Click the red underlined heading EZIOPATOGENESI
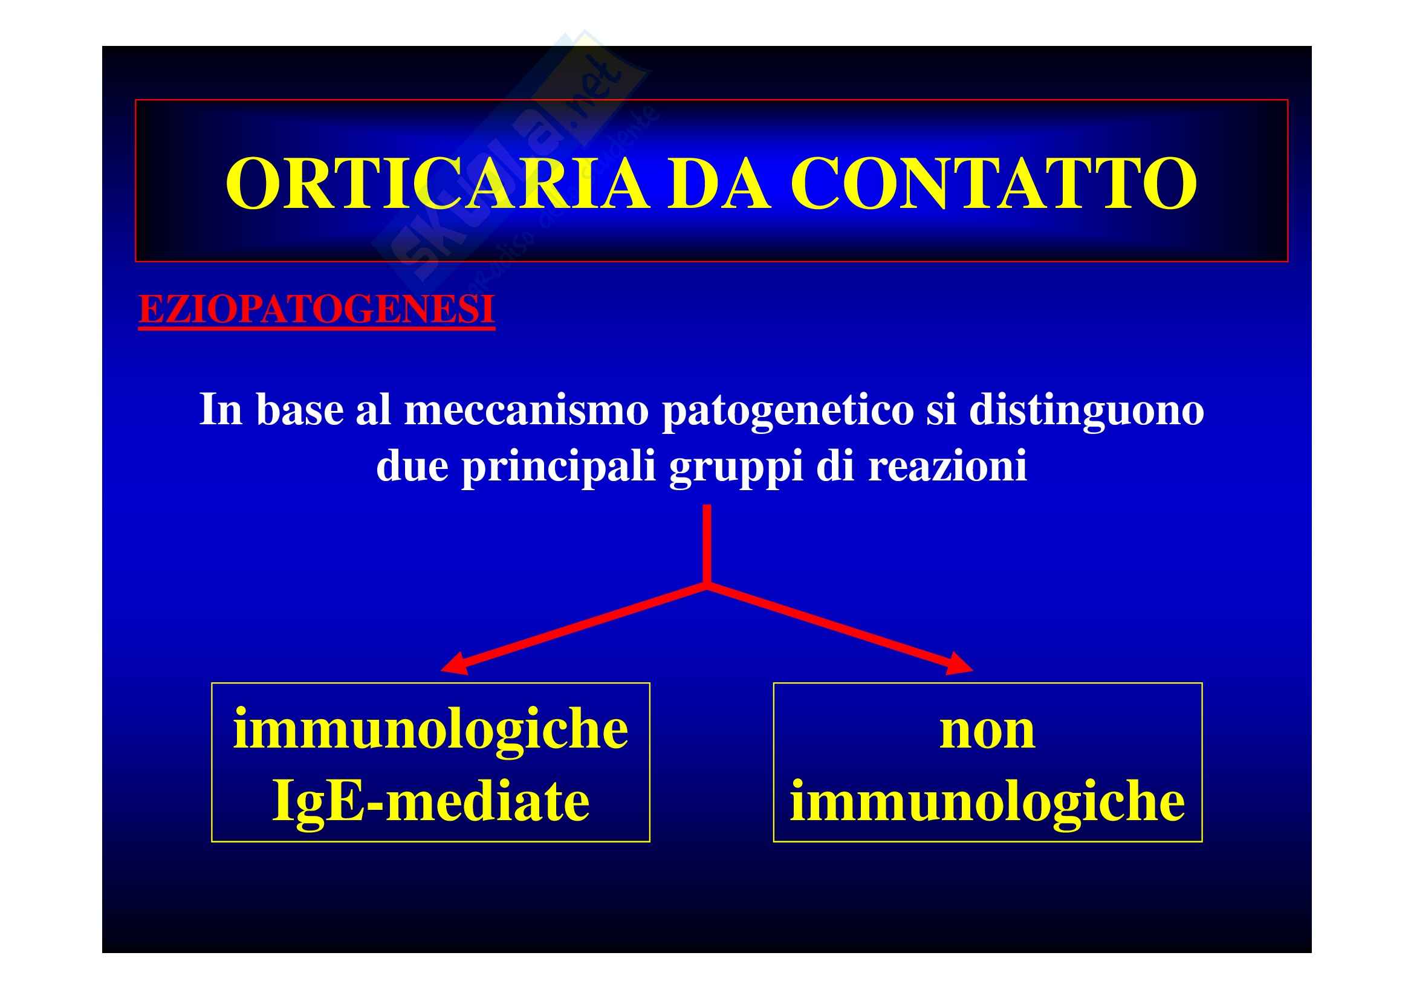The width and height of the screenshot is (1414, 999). [317, 310]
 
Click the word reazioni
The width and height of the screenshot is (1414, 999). [948, 466]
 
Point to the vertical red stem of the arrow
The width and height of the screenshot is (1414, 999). [707, 543]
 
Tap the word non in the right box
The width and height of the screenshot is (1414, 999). [987, 731]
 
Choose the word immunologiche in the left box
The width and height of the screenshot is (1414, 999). [430, 729]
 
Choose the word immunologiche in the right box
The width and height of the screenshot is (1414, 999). [987, 801]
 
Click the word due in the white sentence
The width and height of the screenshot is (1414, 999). [412, 466]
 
